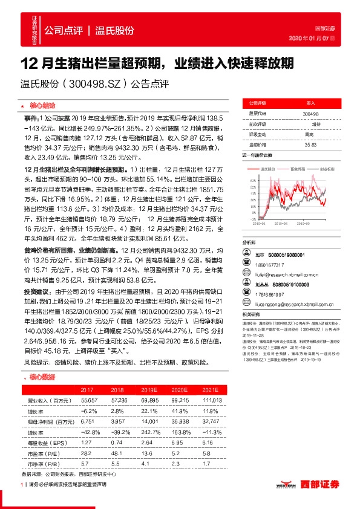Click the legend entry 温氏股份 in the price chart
tap(270, 169)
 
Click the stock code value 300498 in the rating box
tap(311, 114)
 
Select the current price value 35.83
tap(311, 144)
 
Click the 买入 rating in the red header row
tap(311, 103)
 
